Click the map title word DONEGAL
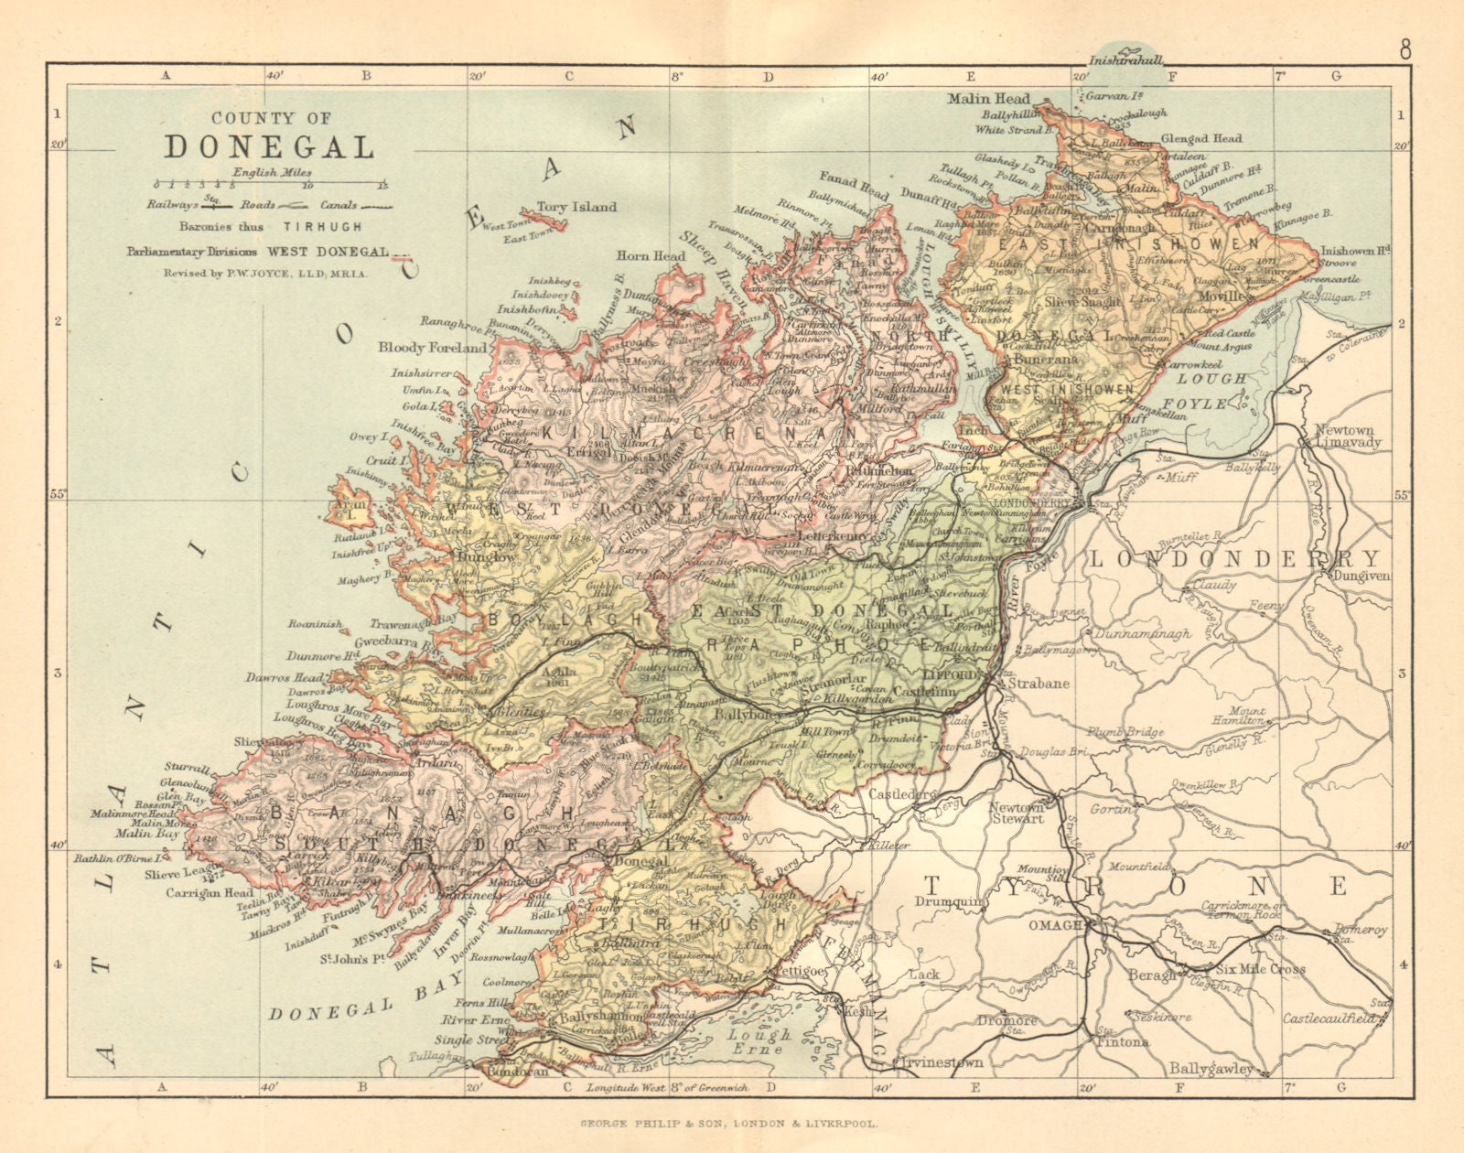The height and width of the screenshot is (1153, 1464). point(270,146)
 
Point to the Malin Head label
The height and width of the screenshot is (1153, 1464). point(988,98)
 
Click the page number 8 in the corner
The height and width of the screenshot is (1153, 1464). point(1405,50)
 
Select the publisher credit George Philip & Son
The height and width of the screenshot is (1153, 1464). point(732,1122)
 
